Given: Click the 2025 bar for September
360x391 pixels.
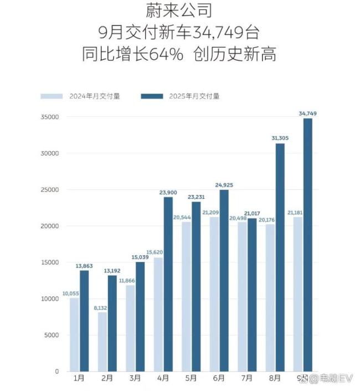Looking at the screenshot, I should coord(308,244).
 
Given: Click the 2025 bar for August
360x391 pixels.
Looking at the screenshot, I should coord(280,258).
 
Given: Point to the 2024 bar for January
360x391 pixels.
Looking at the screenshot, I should coord(74,335).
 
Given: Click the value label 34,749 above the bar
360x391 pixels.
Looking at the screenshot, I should coord(308,114).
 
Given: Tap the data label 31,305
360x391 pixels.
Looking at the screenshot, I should coord(280,138).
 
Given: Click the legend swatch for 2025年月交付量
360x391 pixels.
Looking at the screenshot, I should coord(152,96).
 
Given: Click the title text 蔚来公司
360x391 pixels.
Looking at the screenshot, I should coord(179,11).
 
